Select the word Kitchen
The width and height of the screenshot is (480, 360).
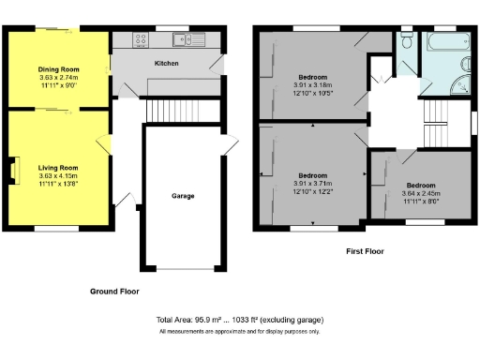(167, 64)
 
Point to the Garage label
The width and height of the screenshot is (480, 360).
(182, 197)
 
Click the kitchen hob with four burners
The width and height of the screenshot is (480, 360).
(142, 39)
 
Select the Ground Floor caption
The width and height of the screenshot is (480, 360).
(115, 292)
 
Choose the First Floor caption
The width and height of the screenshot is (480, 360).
(366, 251)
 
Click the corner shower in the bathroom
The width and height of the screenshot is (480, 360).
(459, 85)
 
